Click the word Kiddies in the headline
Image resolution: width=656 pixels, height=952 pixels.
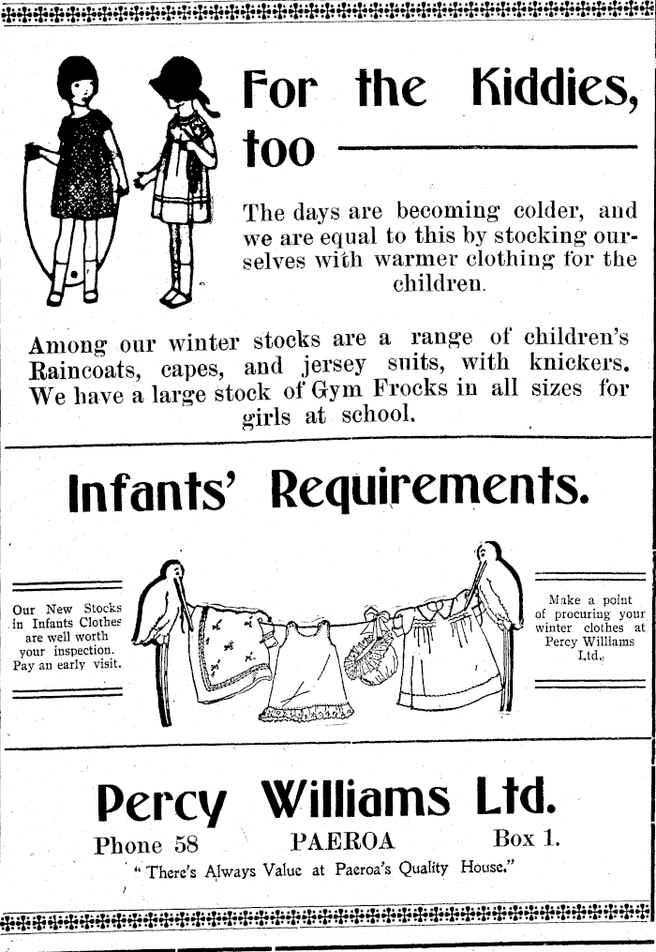547,90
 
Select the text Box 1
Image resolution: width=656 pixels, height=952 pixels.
526,838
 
